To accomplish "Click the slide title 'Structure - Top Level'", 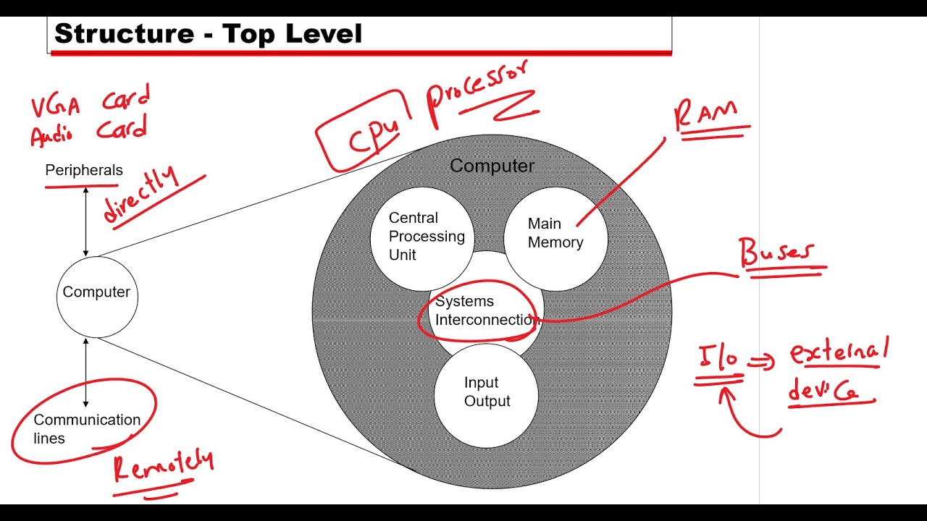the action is [208, 34].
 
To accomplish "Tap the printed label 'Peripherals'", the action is [84, 170].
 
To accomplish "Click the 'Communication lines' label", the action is [87, 429].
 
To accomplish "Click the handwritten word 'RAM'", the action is [705, 114].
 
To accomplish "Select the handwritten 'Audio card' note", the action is [88, 131].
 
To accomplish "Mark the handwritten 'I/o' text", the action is [718, 357].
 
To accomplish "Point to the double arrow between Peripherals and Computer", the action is [85, 221].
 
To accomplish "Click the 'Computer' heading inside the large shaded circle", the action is [492, 166].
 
